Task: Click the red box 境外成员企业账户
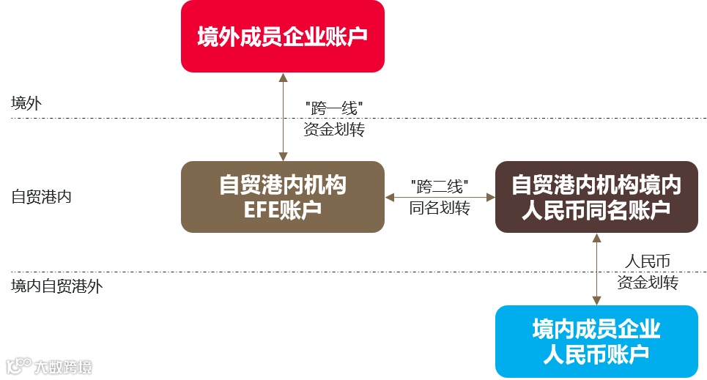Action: click(282, 36)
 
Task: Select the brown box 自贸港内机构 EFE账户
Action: click(282, 197)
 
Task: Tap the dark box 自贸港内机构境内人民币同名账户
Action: click(596, 197)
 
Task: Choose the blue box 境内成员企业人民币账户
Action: click(596, 341)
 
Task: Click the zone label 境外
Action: click(26, 103)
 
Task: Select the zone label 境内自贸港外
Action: click(57, 286)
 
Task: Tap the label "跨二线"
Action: click(440, 186)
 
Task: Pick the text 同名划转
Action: click(440, 207)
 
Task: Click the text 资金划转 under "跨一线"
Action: click(334, 130)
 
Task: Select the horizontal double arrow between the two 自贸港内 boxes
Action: click(440, 197)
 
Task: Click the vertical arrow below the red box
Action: click(283, 116)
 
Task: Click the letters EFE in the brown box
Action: click(262, 210)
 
